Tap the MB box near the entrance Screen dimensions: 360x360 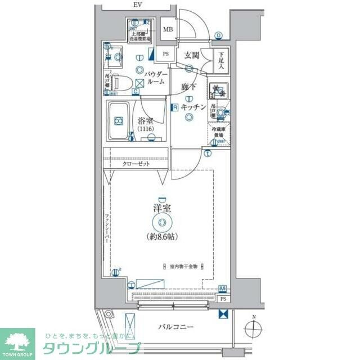click(168, 30)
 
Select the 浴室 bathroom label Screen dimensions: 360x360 click(145, 120)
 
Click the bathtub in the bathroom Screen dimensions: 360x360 click(119, 121)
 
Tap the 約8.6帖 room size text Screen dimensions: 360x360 click(163, 236)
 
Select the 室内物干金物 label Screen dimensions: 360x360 click(183, 267)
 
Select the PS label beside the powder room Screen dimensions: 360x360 click(165, 54)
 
